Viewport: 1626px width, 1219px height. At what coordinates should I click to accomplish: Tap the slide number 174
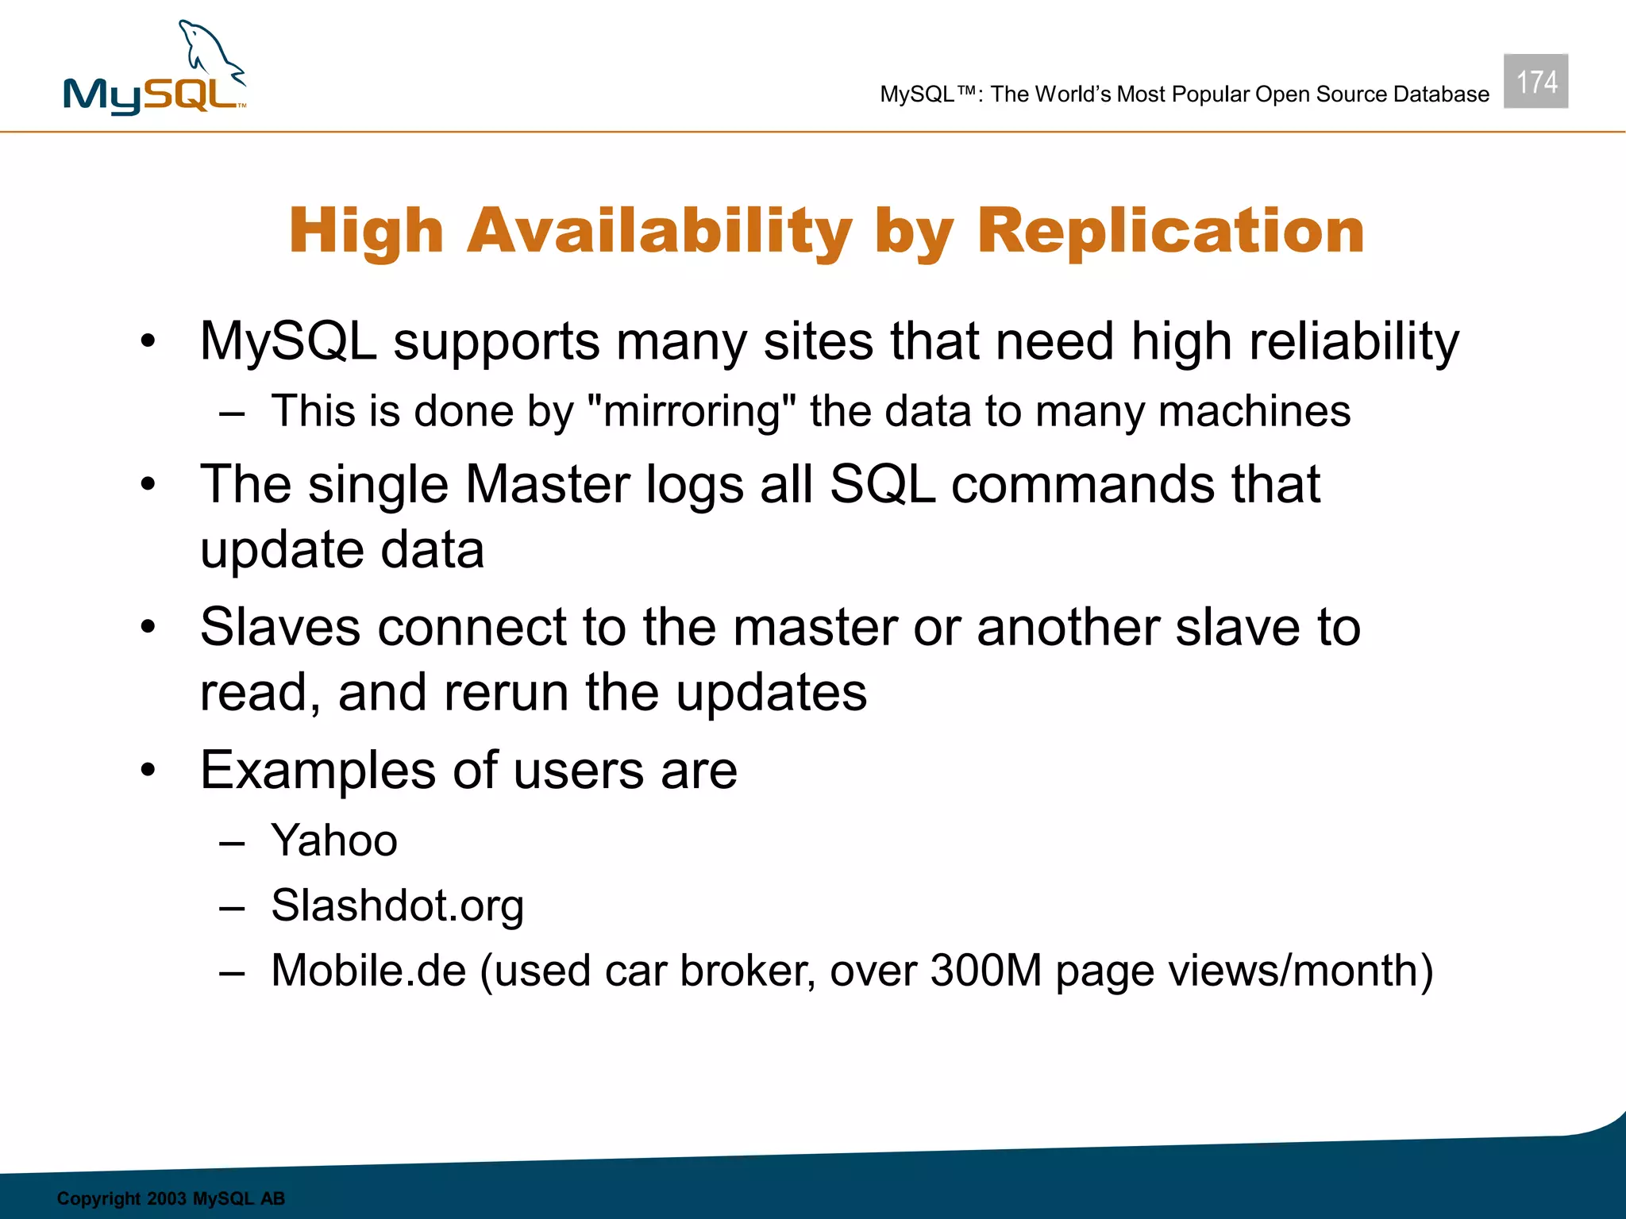click(x=1535, y=82)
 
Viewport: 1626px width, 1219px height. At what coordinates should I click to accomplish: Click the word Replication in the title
click(x=1170, y=231)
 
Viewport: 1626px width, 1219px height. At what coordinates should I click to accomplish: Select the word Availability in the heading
click(x=659, y=231)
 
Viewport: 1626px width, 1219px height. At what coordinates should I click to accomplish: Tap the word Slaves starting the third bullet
click(x=280, y=627)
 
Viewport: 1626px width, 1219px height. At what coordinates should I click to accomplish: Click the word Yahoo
click(x=333, y=840)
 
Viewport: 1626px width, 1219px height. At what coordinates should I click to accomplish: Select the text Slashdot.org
click(x=397, y=906)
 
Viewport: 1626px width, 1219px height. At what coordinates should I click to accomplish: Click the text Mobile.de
click(x=368, y=971)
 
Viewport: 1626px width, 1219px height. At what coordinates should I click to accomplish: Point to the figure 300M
click(x=985, y=971)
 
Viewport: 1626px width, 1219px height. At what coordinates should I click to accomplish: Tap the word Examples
click(x=318, y=771)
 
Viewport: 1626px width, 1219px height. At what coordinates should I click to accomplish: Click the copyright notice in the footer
click(x=171, y=1198)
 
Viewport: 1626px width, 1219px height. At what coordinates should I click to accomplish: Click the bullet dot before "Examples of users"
click(x=148, y=770)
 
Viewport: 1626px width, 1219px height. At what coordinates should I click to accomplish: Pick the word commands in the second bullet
click(x=1083, y=484)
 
